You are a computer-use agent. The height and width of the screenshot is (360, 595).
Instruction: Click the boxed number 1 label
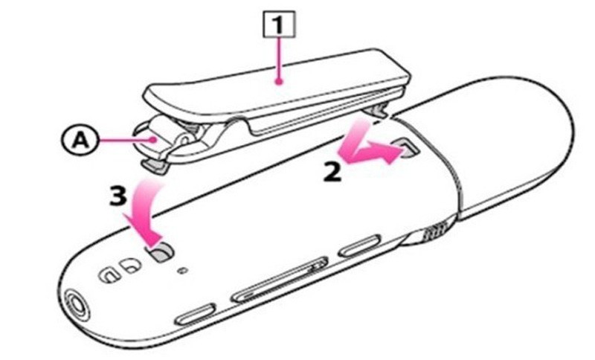click(279, 25)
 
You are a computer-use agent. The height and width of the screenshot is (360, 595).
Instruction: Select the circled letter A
click(80, 141)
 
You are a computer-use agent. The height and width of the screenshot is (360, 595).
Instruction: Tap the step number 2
click(332, 173)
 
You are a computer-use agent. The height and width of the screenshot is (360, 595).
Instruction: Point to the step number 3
click(118, 197)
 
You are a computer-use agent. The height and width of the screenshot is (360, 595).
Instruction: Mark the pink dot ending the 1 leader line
click(280, 82)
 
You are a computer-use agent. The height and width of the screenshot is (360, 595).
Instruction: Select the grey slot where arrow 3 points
click(161, 253)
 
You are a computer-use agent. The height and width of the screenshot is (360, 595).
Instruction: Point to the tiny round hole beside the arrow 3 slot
click(183, 271)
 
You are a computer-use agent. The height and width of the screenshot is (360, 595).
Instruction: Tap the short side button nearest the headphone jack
click(196, 313)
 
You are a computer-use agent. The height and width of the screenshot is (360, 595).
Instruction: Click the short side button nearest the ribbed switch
click(359, 245)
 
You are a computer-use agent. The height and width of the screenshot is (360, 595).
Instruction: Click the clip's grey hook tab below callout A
click(155, 166)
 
